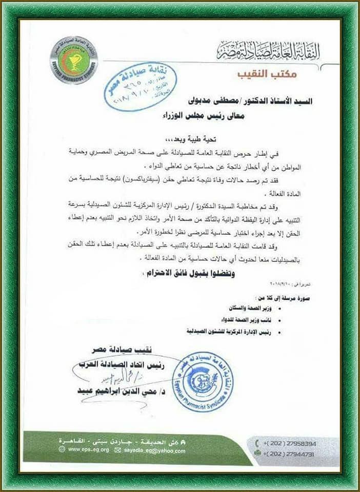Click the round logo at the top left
[74, 60]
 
